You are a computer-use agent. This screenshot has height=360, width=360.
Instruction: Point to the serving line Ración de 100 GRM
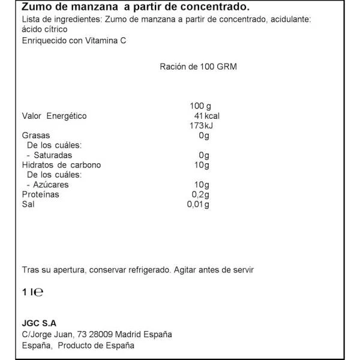[198, 67]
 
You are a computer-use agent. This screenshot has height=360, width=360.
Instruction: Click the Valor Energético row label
[55, 116]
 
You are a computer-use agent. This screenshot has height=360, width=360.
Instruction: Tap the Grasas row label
[35, 136]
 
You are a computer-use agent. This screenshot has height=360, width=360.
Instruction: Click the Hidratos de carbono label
[61, 165]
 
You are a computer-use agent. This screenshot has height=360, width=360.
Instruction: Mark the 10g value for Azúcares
[202, 185]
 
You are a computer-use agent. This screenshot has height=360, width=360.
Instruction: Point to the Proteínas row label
[41, 194]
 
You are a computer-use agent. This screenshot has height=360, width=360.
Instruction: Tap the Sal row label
[28, 205]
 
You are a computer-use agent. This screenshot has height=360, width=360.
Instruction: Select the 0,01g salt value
[199, 205]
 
